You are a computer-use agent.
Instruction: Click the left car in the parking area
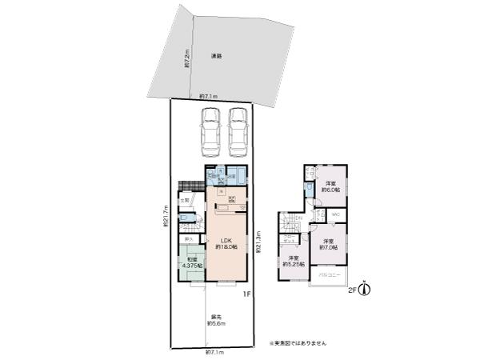pyautogui.click(x=210, y=134)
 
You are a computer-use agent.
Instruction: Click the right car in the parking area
pyautogui.click(x=238, y=134)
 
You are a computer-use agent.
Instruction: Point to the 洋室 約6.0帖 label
pyautogui.click(x=332, y=187)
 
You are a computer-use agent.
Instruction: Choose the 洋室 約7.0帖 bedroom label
pyautogui.click(x=329, y=244)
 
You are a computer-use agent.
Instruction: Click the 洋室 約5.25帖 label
pyautogui.click(x=293, y=261)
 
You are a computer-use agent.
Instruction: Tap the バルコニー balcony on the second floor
pyautogui.click(x=330, y=276)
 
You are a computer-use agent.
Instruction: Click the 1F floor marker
pyautogui.click(x=249, y=294)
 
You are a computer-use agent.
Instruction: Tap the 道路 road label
pyautogui.click(x=216, y=56)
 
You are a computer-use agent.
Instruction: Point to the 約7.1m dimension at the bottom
pyautogui.click(x=214, y=352)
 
